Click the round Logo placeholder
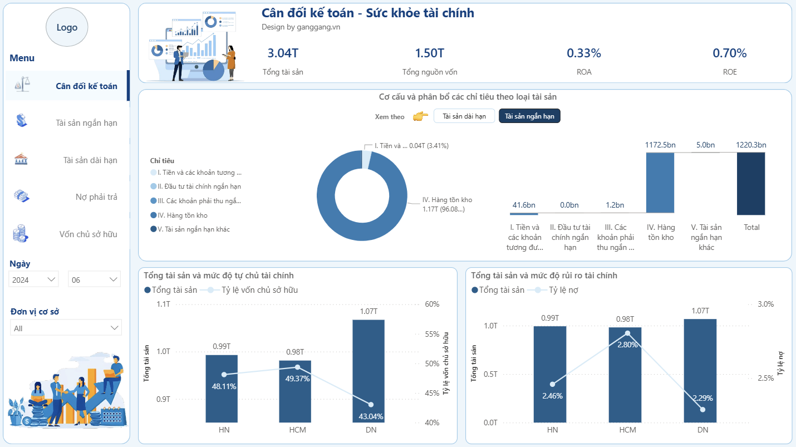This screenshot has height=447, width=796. [x=67, y=27]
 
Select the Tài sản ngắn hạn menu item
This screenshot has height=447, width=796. [x=86, y=123]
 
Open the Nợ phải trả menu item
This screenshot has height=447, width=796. [x=96, y=197]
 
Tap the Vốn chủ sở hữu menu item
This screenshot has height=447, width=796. [x=88, y=234]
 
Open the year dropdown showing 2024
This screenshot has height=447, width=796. [x=34, y=279]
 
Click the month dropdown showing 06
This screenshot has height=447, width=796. [x=94, y=279]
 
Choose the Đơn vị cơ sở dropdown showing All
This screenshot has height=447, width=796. [x=66, y=328]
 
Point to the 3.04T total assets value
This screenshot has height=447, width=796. [x=283, y=53]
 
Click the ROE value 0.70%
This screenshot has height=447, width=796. [x=729, y=53]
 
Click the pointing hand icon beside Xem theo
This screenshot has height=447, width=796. [x=420, y=116]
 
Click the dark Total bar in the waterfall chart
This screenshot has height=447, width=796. [x=751, y=183]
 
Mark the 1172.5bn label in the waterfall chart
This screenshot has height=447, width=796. [x=660, y=145]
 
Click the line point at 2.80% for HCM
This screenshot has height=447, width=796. [x=627, y=333]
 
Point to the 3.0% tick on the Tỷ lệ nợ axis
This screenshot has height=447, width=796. [x=766, y=304]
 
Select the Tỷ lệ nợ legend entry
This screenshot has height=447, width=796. [x=563, y=290]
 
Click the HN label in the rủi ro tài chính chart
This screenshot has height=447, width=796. [x=552, y=430]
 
